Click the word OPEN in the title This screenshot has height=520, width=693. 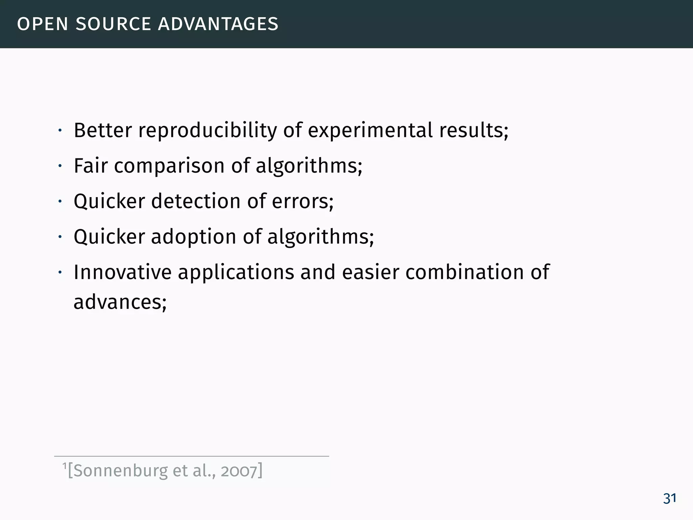tap(43, 24)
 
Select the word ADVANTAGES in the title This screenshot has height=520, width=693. tap(218, 24)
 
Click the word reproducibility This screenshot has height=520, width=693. tap(207, 131)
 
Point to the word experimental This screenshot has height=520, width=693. tap(370, 131)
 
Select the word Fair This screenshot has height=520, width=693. tap(91, 166)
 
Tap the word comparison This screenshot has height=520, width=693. tap(169, 167)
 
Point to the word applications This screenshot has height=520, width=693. tap(236, 273)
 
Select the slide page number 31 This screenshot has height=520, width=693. tap(669, 499)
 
